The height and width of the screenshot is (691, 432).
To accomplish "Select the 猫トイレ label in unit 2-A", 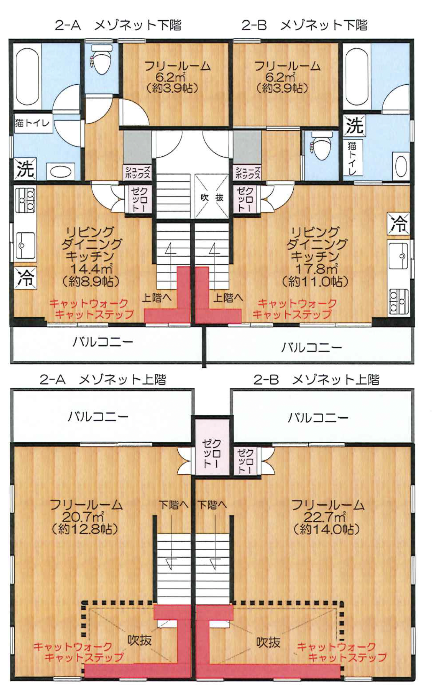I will (x=33, y=123).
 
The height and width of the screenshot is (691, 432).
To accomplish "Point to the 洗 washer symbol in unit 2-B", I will (x=354, y=125).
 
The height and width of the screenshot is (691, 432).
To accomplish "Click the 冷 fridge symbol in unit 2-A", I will (x=25, y=278).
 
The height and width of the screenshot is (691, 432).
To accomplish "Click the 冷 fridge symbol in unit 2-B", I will (x=398, y=224).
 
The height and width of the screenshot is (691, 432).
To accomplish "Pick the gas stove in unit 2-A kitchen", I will (x=25, y=200).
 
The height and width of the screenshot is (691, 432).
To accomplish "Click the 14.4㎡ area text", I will (x=91, y=269).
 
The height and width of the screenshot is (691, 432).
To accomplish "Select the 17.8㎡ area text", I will (x=316, y=269).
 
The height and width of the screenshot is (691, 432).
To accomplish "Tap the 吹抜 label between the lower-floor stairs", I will (x=211, y=197).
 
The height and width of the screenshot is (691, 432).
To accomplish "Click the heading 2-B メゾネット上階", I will (x=316, y=380).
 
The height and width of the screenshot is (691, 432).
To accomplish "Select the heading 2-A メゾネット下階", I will (x=118, y=25).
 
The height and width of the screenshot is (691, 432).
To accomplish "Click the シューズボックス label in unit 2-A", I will (x=138, y=172).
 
